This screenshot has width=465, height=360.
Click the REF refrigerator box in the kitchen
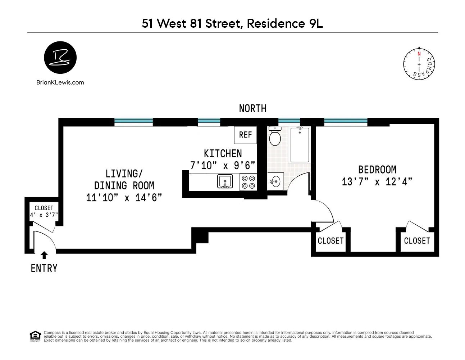(245, 134)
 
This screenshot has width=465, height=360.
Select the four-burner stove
(248, 181)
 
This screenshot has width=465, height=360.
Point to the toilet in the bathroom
(275, 137)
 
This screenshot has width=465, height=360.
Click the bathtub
(300, 145)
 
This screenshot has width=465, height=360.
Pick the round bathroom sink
(275, 181)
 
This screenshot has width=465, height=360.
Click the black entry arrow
(44, 255)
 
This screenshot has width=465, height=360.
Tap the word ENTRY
(44, 268)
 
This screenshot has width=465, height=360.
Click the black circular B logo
(60, 58)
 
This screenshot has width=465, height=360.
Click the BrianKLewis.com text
(60, 82)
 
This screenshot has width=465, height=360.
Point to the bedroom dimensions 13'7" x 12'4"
(377, 182)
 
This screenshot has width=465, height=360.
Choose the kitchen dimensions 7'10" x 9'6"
(223, 165)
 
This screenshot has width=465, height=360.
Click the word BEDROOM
(377, 169)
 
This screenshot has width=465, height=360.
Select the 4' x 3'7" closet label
(44, 216)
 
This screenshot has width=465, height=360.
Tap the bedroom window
(346, 122)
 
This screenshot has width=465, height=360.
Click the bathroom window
(289, 122)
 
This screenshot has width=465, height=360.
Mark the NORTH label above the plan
(252, 108)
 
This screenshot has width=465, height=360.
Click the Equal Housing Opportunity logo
(35, 336)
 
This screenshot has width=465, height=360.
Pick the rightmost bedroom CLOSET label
(417, 240)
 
